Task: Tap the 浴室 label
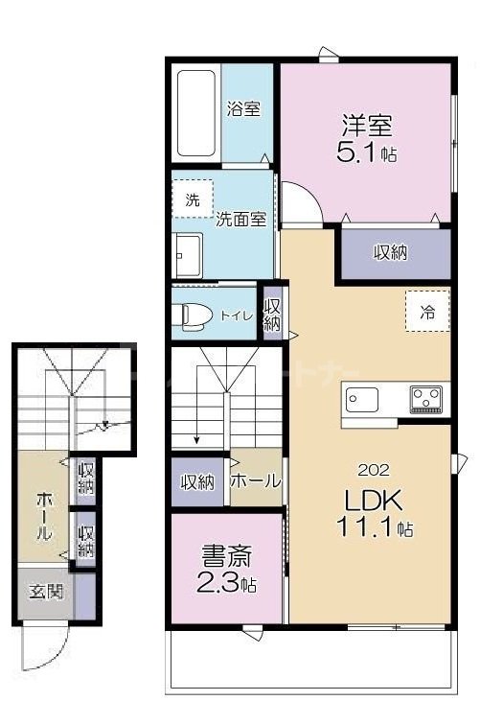pyautogui.click(x=243, y=109)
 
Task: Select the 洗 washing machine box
pyautogui.click(x=193, y=200)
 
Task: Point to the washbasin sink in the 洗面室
pyautogui.click(x=187, y=252)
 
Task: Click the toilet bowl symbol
pyautogui.click(x=192, y=314)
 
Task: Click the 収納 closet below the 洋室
pyautogui.click(x=391, y=252)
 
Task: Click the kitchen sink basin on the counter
pyautogui.click(x=363, y=397)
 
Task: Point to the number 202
pyautogui.click(x=373, y=470)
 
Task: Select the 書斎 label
pyautogui.click(x=221, y=556)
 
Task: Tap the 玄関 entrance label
pyautogui.click(x=43, y=592)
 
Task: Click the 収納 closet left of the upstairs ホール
pyautogui.click(x=198, y=481)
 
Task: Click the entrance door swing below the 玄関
pyautogui.click(x=42, y=647)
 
